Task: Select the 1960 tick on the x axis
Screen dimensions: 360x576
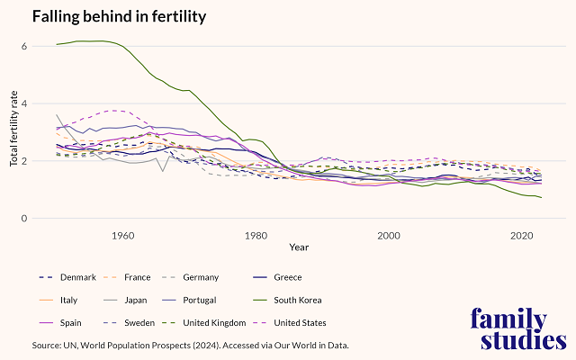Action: [122, 235]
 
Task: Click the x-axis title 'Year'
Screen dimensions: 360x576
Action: [300, 247]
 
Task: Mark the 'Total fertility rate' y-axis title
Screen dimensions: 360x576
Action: [13, 132]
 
